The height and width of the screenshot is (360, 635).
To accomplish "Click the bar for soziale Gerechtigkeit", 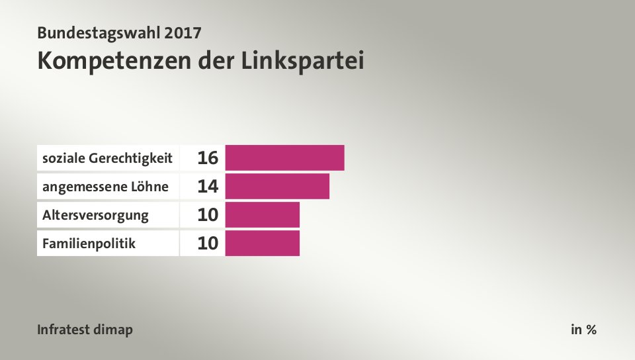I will pyautogui.click(x=284, y=158).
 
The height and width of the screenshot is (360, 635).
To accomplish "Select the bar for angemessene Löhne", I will pyautogui.click(x=277, y=187).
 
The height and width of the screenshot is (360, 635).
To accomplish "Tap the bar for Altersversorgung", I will pyautogui.click(x=262, y=214).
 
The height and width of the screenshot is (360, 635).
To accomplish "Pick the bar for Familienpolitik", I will pyautogui.click(x=262, y=243).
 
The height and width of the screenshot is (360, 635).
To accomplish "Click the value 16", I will pyautogui.click(x=207, y=158).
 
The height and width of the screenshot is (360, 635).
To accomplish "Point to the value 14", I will pyautogui.click(x=207, y=187).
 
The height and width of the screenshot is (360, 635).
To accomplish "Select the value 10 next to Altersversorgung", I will pyautogui.click(x=207, y=215).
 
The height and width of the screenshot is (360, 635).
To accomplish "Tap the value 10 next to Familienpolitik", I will pyautogui.click(x=207, y=244).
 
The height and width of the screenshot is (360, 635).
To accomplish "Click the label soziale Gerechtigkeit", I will pyautogui.click(x=108, y=158).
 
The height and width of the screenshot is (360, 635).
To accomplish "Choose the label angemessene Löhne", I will pyautogui.click(x=105, y=187).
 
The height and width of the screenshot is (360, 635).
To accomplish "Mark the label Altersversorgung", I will pyautogui.click(x=95, y=215).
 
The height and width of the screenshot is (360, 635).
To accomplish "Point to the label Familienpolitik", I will pyautogui.click(x=89, y=244).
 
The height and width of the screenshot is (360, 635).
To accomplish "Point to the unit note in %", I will pyautogui.click(x=583, y=330).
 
